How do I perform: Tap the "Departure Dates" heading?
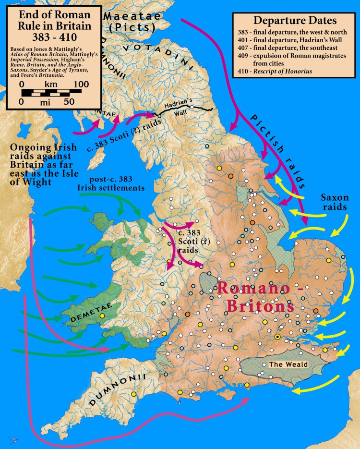point(295,21)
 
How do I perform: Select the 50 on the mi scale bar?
point(69,102)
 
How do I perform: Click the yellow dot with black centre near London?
point(277,337)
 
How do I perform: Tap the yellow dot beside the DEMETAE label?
point(102,316)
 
